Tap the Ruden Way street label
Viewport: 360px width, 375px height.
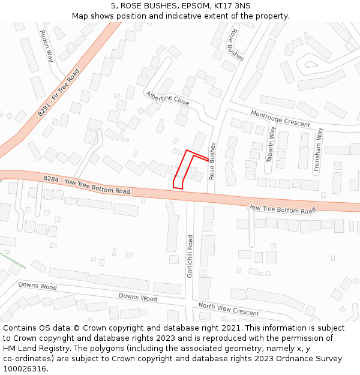click(47, 46)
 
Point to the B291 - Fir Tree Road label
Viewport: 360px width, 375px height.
click(59, 92)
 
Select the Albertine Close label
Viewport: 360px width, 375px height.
click(167, 99)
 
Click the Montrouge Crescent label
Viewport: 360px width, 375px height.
click(280, 118)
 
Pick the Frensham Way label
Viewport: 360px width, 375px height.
click(320, 150)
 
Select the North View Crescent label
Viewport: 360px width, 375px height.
click(229, 309)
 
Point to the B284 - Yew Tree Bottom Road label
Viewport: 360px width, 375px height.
click(86, 185)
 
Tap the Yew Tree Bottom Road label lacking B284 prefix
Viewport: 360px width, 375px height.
click(282, 209)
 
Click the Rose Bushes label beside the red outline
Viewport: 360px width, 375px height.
click(212, 161)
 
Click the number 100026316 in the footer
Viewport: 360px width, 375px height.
click(23, 368)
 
